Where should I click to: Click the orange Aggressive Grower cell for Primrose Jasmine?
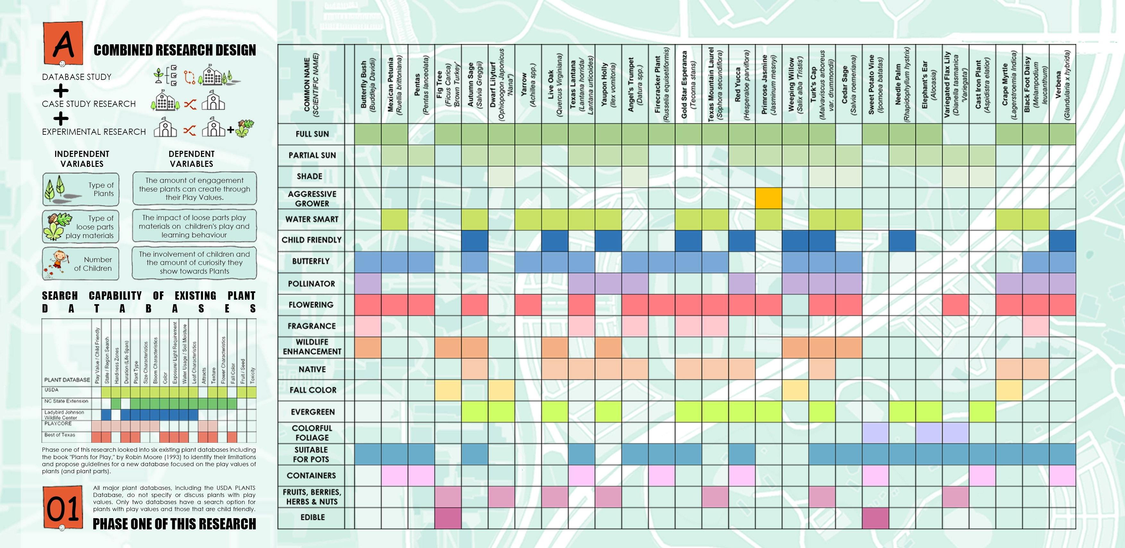(768, 198)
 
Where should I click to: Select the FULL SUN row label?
(312, 134)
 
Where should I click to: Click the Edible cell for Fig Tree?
(448, 518)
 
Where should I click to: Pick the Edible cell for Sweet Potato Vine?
(875, 518)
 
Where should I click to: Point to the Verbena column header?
(1062, 84)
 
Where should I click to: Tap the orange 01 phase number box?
(63, 507)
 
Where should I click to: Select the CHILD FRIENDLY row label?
(311, 240)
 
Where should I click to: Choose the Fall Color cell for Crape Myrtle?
(1009, 390)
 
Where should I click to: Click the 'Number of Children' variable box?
(81, 263)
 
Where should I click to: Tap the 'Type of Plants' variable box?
(81, 189)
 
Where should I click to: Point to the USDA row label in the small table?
(52, 390)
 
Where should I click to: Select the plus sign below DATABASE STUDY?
(61, 91)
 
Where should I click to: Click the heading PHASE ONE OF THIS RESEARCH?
(174, 524)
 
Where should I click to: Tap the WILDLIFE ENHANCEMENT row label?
(312, 347)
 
